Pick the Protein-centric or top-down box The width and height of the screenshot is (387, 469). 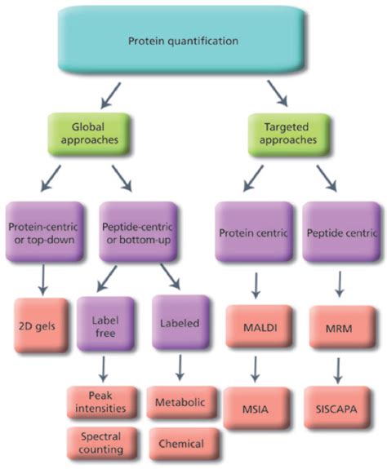click(45, 232)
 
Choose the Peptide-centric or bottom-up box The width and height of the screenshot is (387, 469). click(136, 232)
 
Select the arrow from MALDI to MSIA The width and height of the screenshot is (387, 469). click(255, 367)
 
